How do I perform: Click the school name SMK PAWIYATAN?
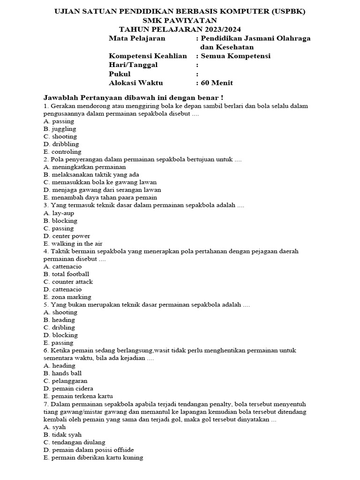click(180, 20)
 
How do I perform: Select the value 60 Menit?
click(217, 83)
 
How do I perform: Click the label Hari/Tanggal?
click(133, 65)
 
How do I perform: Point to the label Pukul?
click(120, 74)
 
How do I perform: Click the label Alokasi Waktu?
click(136, 83)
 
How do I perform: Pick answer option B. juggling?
click(60, 129)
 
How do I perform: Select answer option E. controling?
click(62, 152)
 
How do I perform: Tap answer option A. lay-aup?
click(59, 213)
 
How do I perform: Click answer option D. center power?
click(67, 236)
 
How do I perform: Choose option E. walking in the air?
click(73, 244)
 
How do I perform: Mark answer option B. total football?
click(66, 274)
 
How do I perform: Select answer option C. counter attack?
click(68, 282)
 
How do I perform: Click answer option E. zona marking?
click(67, 297)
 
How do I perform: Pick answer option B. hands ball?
click(62, 374)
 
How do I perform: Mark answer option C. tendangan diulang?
click(74, 442)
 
